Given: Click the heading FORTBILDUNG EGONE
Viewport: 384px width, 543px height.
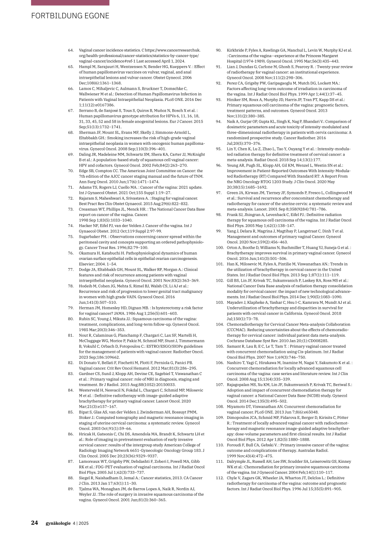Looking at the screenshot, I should (x=70, y=16).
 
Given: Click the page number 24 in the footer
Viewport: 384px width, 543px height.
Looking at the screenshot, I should (x=34, y=523).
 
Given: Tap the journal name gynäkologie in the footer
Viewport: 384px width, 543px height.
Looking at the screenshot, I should (x=58, y=523).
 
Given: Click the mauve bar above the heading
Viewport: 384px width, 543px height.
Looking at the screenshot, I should (x=70, y=3).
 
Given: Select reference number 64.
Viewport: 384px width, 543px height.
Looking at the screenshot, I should (x=70, y=50).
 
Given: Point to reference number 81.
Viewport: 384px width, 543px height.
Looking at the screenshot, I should (x=70, y=336).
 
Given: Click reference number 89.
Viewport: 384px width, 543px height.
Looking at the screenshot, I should (x=70, y=489).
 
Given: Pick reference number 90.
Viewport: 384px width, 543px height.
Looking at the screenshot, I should (x=219, y=50).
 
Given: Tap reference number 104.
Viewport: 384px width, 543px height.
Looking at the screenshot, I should (x=219, y=324).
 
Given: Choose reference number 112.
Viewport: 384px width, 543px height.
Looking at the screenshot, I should (x=219, y=478).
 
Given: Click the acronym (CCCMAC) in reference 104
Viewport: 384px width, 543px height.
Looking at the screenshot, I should (x=237, y=330).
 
